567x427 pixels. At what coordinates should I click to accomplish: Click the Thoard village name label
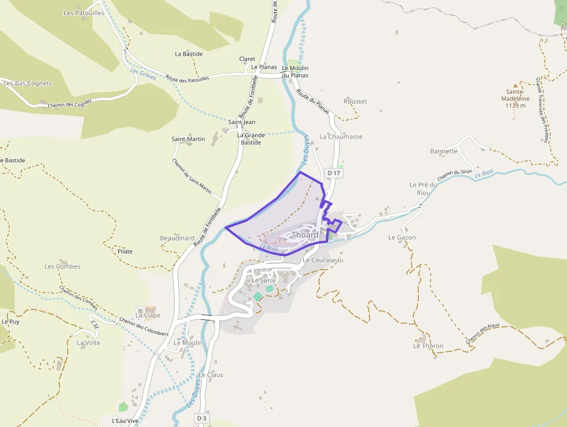click(x=305, y=235)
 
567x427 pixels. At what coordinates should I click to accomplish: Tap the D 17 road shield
click(x=334, y=173)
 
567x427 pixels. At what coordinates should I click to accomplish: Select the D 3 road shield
click(x=201, y=418)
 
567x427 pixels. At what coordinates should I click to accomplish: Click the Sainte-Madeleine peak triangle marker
click(x=514, y=85)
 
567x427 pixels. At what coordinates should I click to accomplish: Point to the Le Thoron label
click(x=428, y=346)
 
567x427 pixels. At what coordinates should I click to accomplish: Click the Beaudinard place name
click(x=177, y=238)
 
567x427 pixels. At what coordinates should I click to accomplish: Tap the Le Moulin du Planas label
click(x=295, y=71)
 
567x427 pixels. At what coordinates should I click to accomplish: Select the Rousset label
click(x=355, y=101)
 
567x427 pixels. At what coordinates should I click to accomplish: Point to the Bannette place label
click(x=444, y=151)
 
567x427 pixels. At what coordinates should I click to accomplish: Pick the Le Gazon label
click(x=402, y=238)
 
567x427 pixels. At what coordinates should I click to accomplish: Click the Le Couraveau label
click(x=323, y=260)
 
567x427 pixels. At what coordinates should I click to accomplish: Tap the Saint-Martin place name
click(x=188, y=139)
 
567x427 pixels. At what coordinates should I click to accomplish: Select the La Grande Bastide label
click(x=251, y=138)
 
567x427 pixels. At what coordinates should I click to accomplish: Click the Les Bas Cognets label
click(x=28, y=83)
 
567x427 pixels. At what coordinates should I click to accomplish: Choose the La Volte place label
click(x=89, y=342)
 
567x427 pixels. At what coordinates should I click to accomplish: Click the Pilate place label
click(x=125, y=251)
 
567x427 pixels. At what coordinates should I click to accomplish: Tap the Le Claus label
click(x=211, y=375)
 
